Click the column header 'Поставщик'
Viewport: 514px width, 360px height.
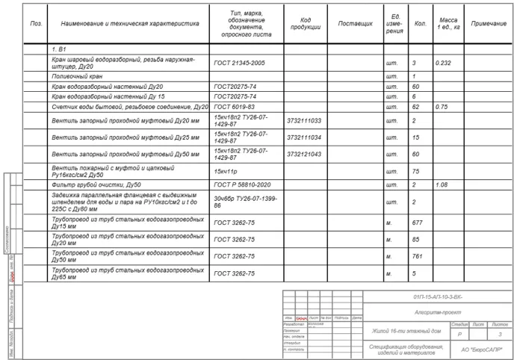pyautogui.click(x=355, y=24)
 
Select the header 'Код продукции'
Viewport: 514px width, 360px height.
pyautogui.click(x=305, y=24)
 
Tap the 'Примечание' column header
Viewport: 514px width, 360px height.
pyautogui.click(x=489, y=24)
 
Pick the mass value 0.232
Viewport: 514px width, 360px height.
pyautogui.click(x=443, y=63)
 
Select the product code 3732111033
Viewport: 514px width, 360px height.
pyautogui.click(x=304, y=120)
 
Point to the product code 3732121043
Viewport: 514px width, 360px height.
pyautogui.click(x=304, y=154)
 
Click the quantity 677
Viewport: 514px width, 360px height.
pyautogui.click(x=417, y=223)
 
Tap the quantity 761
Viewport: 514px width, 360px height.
pyautogui.click(x=417, y=256)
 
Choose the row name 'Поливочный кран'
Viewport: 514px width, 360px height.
pyautogui.click(x=77, y=76)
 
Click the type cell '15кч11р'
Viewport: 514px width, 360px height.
pyautogui.click(x=225, y=171)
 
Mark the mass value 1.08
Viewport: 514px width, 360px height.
pyautogui.click(x=442, y=184)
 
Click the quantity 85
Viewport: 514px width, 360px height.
pyautogui.click(x=415, y=240)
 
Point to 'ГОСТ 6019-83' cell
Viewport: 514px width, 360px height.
pyautogui.click(x=234, y=107)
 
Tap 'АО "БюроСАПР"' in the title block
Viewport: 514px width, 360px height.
pyautogui.click(x=481, y=349)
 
